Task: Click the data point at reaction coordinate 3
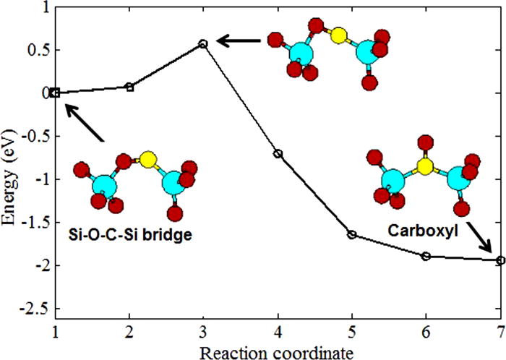(x=203, y=44)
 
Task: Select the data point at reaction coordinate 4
(x=278, y=154)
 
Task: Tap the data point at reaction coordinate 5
(x=352, y=234)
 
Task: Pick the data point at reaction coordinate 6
(x=426, y=256)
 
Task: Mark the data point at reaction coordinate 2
(x=129, y=87)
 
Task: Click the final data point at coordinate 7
(x=500, y=260)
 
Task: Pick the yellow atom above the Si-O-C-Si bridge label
(x=149, y=159)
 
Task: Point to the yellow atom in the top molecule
(x=337, y=35)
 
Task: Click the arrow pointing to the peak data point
(x=238, y=42)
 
